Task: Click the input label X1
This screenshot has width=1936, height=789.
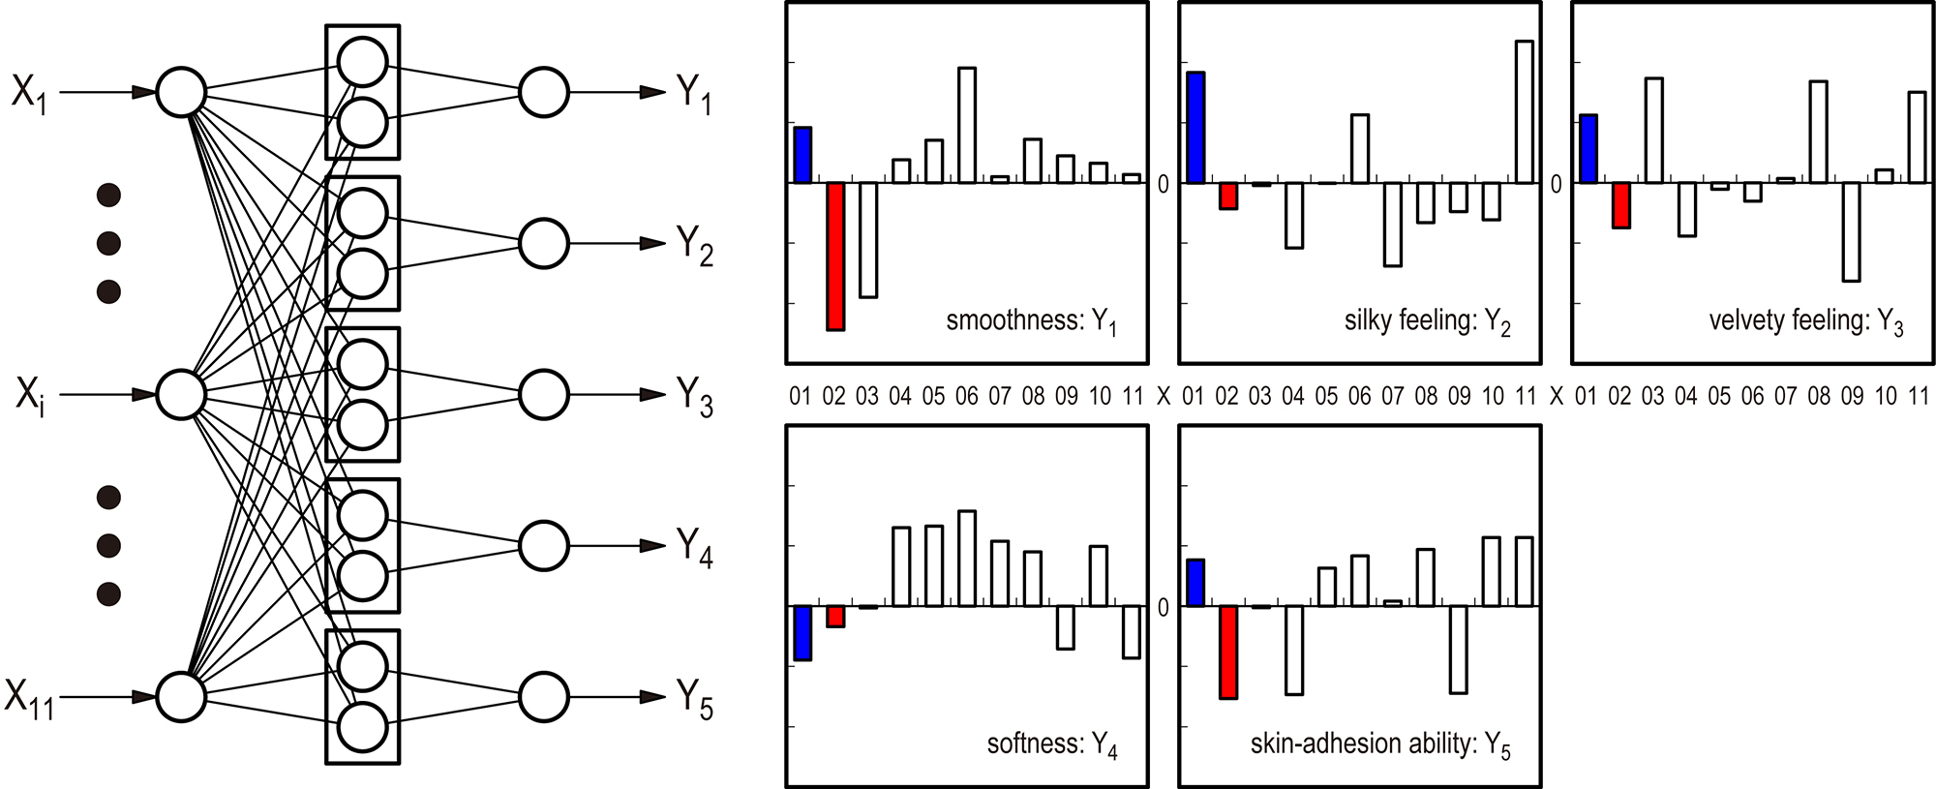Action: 28,94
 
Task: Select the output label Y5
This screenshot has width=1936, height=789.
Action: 694,699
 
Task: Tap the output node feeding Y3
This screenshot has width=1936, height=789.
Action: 543,394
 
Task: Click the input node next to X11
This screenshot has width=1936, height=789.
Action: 181,697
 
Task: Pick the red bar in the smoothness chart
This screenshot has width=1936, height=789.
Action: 835,257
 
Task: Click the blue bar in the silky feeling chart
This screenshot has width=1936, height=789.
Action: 1195,128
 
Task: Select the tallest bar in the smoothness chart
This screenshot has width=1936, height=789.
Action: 966,125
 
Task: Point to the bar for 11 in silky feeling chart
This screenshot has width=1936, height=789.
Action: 1525,111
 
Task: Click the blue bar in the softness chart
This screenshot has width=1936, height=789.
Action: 802,633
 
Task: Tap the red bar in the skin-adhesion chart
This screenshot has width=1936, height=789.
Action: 1228,652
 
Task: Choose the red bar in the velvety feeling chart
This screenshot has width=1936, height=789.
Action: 1621,205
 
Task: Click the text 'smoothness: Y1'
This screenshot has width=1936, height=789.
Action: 1031,321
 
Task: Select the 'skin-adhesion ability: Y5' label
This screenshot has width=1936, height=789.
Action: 1379,744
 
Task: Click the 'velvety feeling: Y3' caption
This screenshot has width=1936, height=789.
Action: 1805,321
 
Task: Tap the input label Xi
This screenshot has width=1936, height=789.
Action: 30,395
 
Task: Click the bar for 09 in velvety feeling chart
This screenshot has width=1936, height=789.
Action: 1851,232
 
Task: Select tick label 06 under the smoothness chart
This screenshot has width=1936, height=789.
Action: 966,396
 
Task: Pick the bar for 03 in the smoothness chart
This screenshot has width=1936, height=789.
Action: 868,240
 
